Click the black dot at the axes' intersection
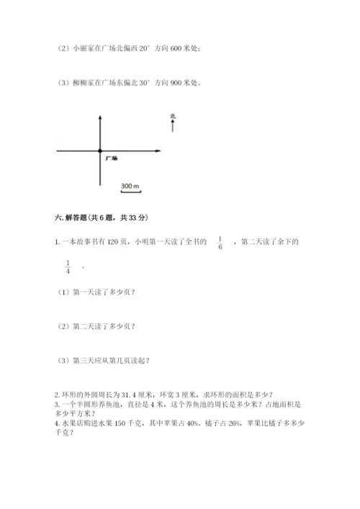(x=99, y=150)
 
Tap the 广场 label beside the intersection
(x=111, y=156)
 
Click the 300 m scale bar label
(x=130, y=186)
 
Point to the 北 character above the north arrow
(x=173, y=115)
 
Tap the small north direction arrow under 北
(x=173, y=126)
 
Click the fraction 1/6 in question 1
(x=220, y=245)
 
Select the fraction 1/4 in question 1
(x=68, y=266)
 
